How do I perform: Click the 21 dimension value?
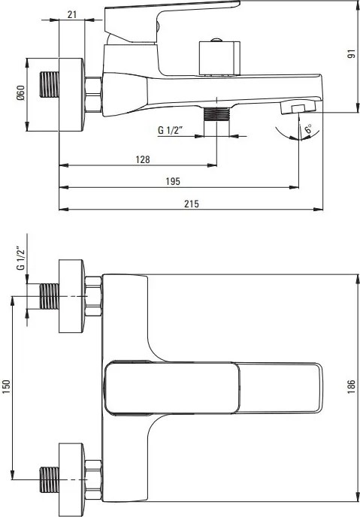tap(72, 14)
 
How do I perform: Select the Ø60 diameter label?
tap(20, 93)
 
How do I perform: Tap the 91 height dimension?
tap(352, 54)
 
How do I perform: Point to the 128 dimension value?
tap(143, 159)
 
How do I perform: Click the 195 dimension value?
tap(173, 181)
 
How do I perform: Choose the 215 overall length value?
tap(192, 204)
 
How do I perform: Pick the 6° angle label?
tap(308, 129)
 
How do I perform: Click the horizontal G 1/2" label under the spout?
tap(170, 130)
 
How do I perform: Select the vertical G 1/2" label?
tap(20, 258)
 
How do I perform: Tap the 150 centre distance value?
tap(7, 386)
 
